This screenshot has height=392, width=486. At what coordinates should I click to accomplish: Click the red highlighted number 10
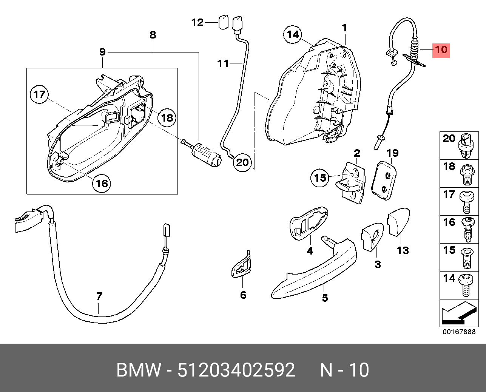(441, 50)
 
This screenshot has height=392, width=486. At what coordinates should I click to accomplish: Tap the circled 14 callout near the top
(293, 35)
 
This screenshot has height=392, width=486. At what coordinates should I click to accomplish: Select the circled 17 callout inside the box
(40, 94)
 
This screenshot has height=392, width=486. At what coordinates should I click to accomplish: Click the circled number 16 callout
(102, 184)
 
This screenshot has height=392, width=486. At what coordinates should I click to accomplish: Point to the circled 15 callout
(320, 178)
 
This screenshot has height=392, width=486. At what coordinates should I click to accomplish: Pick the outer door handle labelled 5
(314, 269)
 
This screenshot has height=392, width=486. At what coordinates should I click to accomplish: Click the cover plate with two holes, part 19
(384, 180)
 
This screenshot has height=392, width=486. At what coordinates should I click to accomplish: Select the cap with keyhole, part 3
(373, 237)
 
